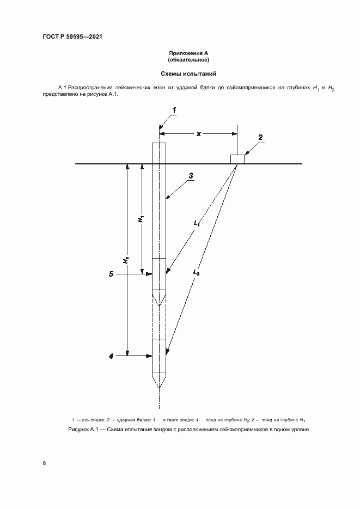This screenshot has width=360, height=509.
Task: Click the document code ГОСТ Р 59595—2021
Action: pos(72,37)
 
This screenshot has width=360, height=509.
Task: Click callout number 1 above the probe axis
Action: pos(174,111)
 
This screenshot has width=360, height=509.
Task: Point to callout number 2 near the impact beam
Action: pos(260,137)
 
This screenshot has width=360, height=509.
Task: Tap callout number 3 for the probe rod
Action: pos(191,176)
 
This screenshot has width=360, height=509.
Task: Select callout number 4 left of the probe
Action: pos(111,356)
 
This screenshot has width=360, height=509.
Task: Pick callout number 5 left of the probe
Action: pos(111,274)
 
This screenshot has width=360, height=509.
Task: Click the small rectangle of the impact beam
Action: pos(237,158)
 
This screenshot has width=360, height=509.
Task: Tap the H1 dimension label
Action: pos(141,219)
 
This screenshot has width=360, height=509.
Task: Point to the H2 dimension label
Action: pos(126,260)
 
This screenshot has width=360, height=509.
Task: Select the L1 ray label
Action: pos(197,223)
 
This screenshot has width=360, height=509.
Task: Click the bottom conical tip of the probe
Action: pos(159,379)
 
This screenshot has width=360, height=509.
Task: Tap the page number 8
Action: pos(44,463)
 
